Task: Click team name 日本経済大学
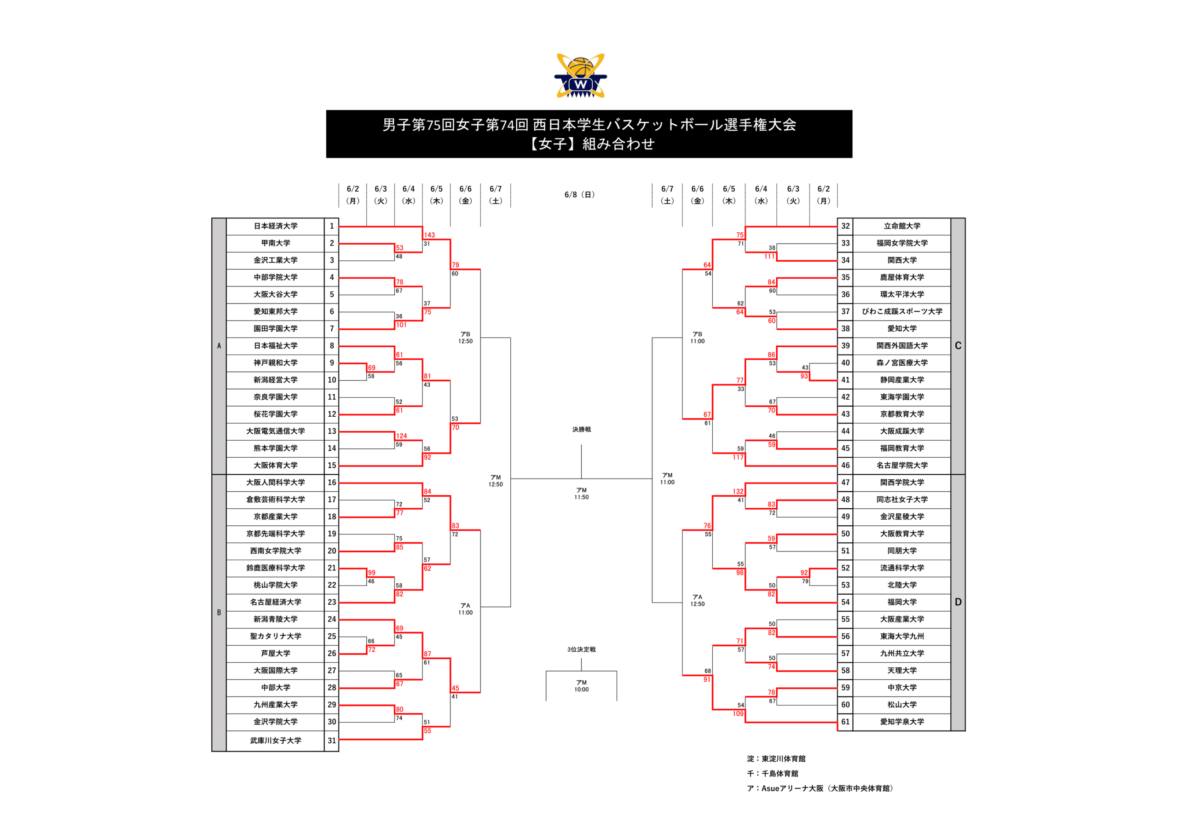coord(276,226)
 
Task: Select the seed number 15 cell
coord(331,465)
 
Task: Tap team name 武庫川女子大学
coord(276,741)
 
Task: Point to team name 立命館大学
coord(902,226)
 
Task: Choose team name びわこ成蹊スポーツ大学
coord(902,311)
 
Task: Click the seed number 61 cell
coord(845,722)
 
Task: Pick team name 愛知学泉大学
coord(902,722)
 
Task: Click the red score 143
coord(429,235)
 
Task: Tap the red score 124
coord(401,436)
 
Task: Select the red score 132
coord(738,491)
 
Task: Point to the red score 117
coord(738,457)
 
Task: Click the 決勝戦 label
coord(581,429)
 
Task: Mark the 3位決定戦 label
coord(581,649)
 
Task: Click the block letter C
coord(958,346)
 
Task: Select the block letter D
coord(958,602)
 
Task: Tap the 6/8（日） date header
coord(580,195)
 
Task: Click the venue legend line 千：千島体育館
coord(773,774)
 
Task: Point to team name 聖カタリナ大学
coord(276,637)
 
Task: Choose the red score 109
coord(738,713)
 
